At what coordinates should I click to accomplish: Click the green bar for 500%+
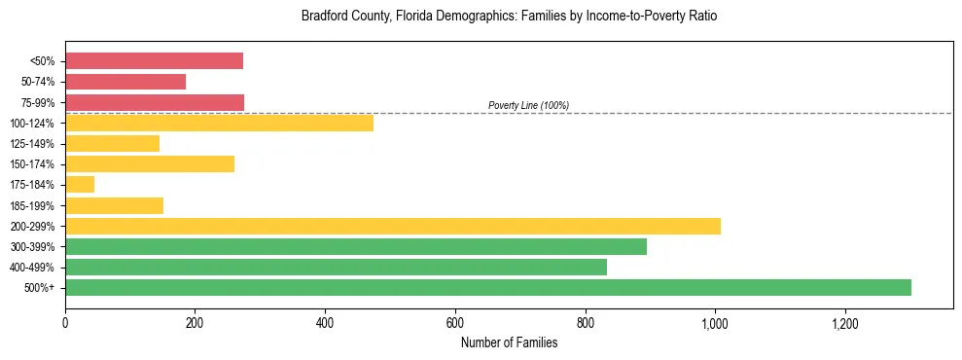(487, 287)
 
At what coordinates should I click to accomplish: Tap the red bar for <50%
(154, 61)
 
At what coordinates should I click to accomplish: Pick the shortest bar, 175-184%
(80, 185)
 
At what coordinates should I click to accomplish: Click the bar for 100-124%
(219, 123)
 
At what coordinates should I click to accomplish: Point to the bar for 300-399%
(356, 246)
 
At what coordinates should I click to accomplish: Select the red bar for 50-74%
(125, 82)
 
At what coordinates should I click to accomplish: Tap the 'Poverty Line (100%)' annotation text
(528, 105)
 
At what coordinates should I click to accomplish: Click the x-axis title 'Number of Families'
(509, 342)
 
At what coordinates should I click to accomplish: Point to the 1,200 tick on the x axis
(844, 323)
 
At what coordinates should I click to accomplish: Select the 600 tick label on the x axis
(454, 323)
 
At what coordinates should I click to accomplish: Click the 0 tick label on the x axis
(65, 323)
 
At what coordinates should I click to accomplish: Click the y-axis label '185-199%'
(33, 205)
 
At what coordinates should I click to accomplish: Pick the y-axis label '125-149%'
(33, 144)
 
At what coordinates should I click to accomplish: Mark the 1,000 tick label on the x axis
(714, 323)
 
